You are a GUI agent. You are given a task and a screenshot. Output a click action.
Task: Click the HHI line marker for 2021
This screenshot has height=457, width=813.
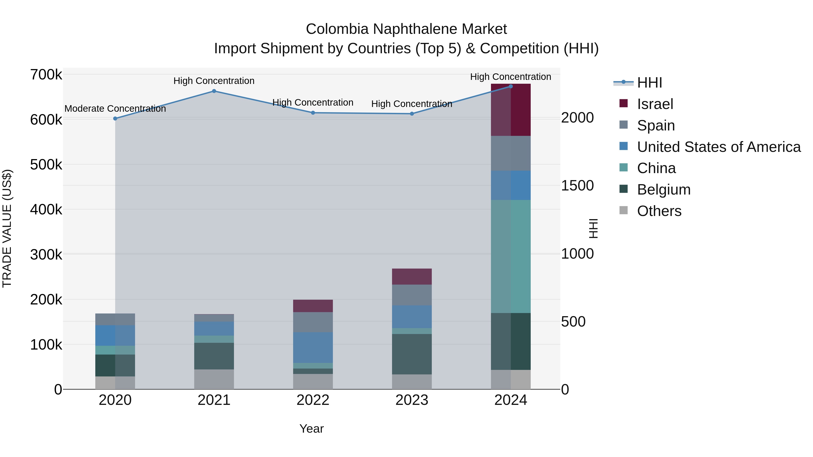point(214,91)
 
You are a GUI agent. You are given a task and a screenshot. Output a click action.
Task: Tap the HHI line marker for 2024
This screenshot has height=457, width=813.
point(511,86)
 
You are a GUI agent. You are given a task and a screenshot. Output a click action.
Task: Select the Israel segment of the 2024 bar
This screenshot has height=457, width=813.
point(511,110)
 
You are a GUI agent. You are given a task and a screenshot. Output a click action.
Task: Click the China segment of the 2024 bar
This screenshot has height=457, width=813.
point(511,256)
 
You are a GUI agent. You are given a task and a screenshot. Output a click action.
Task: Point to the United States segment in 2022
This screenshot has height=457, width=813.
point(313,347)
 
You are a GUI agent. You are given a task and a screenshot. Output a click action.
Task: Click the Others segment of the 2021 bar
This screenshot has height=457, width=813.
point(214,379)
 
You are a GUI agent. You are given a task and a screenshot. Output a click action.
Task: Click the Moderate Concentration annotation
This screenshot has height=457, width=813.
point(115,109)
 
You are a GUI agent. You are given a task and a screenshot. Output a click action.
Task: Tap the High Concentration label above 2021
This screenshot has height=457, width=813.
point(214,81)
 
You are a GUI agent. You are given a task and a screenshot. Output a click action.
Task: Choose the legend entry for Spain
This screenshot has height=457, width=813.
point(656,125)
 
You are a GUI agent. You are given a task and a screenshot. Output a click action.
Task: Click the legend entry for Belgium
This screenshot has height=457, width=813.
point(663,190)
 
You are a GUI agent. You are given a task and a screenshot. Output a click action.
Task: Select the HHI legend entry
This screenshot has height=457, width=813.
point(649,83)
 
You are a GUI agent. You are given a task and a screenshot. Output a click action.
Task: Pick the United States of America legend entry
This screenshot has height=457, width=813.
point(718,147)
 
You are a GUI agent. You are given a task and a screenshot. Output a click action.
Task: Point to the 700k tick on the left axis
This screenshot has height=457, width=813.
point(46,75)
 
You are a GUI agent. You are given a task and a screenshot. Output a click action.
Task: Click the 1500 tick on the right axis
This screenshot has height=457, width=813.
point(577,186)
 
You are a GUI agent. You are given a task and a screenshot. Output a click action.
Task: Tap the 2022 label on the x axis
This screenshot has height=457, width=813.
point(313,400)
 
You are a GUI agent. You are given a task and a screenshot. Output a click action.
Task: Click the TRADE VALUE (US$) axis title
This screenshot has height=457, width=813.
point(7,228)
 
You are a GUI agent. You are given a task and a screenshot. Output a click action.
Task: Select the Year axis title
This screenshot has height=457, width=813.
point(311,429)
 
